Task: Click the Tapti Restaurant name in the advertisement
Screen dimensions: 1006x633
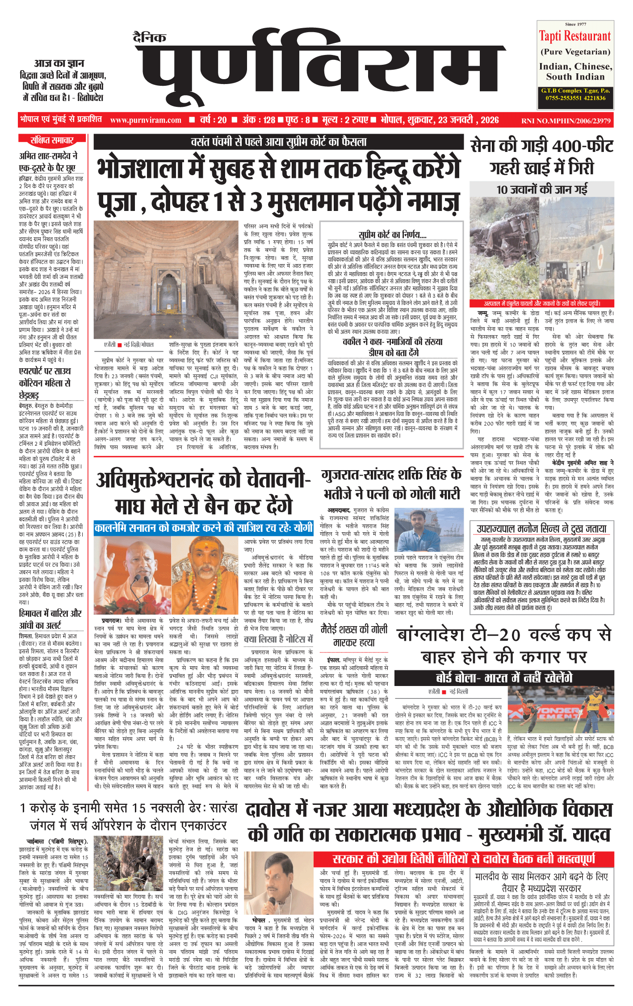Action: tap(574, 36)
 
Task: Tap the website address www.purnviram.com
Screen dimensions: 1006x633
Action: tap(146, 120)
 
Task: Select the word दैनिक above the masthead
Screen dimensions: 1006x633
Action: tap(149, 38)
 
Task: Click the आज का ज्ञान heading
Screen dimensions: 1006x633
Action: tap(59, 63)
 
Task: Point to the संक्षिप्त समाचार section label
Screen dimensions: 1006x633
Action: tap(52, 141)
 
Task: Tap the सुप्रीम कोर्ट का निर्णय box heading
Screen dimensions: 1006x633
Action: tap(392, 235)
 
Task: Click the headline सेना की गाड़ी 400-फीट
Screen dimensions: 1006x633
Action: tap(541, 146)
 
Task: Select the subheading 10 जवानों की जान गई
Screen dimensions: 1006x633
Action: tap(541, 189)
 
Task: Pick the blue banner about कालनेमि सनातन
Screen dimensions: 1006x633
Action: tap(204, 528)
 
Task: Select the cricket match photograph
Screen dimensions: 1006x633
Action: tap(561, 710)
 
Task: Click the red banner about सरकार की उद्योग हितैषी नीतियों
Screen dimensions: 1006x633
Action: tap(463, 859)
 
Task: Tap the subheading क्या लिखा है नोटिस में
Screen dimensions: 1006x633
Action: tap(278, 640)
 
